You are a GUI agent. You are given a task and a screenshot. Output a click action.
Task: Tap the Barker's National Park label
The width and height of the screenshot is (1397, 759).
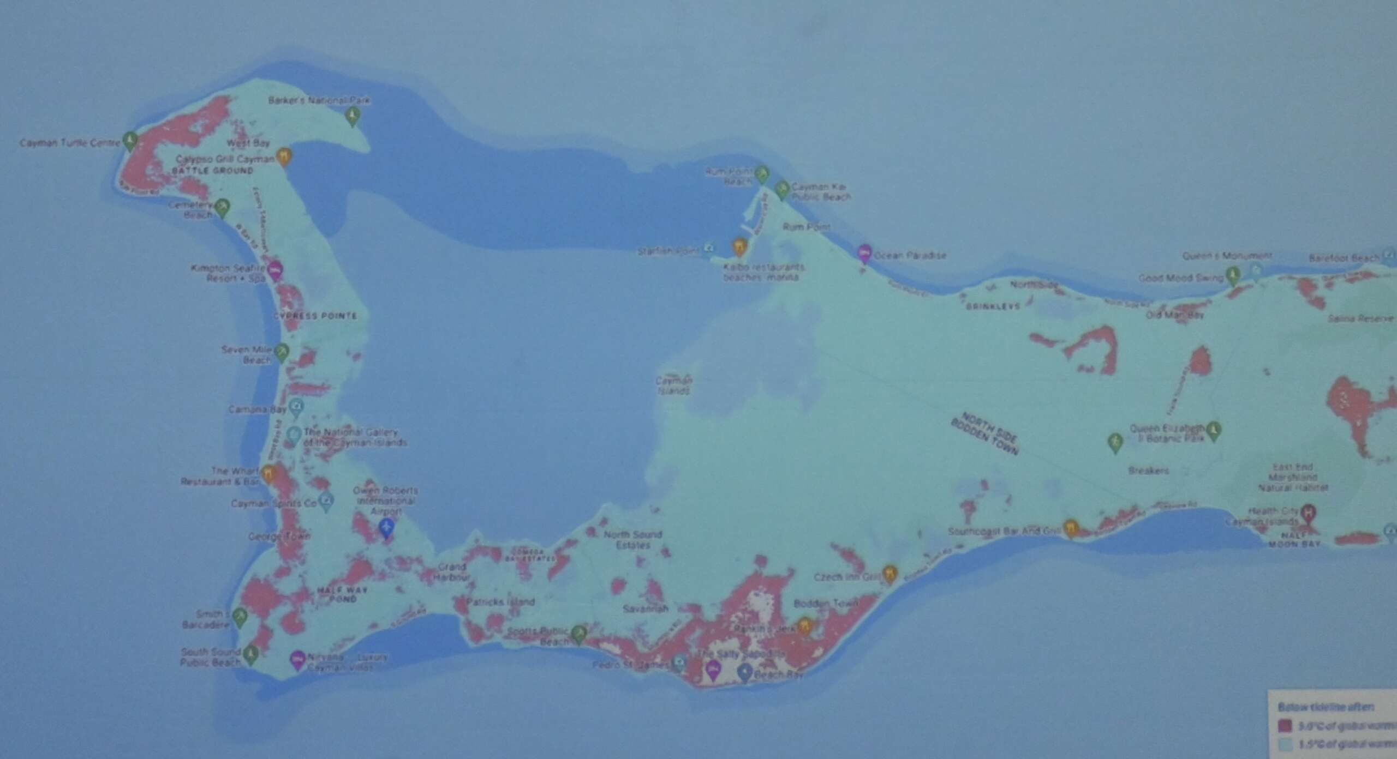pyautogui.click(x=319, y=100)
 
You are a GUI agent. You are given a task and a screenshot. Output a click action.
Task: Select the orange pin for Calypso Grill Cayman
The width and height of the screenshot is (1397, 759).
pyautogui.click(x=283, y=156)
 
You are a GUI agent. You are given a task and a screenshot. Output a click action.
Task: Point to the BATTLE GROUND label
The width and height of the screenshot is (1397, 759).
pyautogui.click(x=213, y=171)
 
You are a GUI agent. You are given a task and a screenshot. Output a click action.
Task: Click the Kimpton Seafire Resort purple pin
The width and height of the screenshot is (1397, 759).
pyautogui.click(x=276, y=269)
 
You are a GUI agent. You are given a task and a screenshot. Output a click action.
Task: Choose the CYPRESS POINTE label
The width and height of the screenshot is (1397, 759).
pyautogui.click(x=315, y=316)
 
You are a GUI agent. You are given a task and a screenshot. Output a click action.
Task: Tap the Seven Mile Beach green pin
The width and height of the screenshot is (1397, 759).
pyautogui.click(x=282, y=352)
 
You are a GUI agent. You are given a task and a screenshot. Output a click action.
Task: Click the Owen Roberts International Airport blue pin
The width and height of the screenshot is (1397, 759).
pyautogui.click(x=386, y=527)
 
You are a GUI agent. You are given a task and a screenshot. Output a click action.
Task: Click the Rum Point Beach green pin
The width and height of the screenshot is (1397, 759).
pyautogui.click(x=762, y=174)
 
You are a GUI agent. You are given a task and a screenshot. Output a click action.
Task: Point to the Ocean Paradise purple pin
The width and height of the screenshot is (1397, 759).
pyautogui.click(x=864, y=253)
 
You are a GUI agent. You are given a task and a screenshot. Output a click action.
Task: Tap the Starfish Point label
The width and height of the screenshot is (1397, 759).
pyautogui.click(x=669, y=251)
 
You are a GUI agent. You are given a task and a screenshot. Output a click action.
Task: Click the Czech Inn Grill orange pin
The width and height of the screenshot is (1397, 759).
pyautogui.click(x=890, y=573)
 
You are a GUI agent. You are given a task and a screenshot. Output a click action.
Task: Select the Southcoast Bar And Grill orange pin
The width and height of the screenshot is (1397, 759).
pyautogui.click(x=1071, y=528)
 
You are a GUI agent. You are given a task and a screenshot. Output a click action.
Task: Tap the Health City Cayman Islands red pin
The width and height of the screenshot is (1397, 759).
pyautogui.click(x=1308, y=513)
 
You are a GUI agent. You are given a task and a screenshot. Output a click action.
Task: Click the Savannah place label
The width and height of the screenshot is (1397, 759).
pyautogui.click(x=646, y=609)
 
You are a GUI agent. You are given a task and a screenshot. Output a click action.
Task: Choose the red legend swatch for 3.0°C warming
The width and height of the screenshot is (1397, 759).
pyautogui.click(x=1286, y=726)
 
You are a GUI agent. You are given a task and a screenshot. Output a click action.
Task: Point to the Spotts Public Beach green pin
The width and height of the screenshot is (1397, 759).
pyautogui.click(x=579, y=633)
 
